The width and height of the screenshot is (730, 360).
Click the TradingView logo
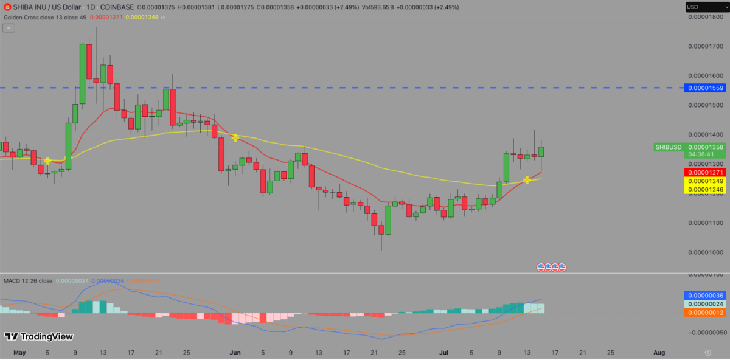click(39, 336)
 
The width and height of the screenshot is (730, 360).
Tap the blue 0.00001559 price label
click(705, 88)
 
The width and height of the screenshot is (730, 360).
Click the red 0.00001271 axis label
click(705, 173)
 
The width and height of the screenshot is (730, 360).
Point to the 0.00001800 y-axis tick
click(705, 16)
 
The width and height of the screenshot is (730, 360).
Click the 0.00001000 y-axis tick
click(705, 252)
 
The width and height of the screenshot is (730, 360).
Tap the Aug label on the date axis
click(659, 352)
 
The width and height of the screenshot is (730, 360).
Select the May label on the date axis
click(20, 352)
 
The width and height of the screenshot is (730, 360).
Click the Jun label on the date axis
click(235, 352)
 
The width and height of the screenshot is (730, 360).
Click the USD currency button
click(693, 7)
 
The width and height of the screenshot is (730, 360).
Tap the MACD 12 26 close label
click(28, 280)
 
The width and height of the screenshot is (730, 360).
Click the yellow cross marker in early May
click(47, 161)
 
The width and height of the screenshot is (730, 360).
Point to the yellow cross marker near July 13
click(527, 180)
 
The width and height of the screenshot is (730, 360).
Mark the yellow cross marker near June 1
click(235, 138)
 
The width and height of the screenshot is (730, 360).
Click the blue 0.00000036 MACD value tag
click(705, 296)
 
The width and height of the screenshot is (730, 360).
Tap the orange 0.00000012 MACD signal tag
click(705, 313)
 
